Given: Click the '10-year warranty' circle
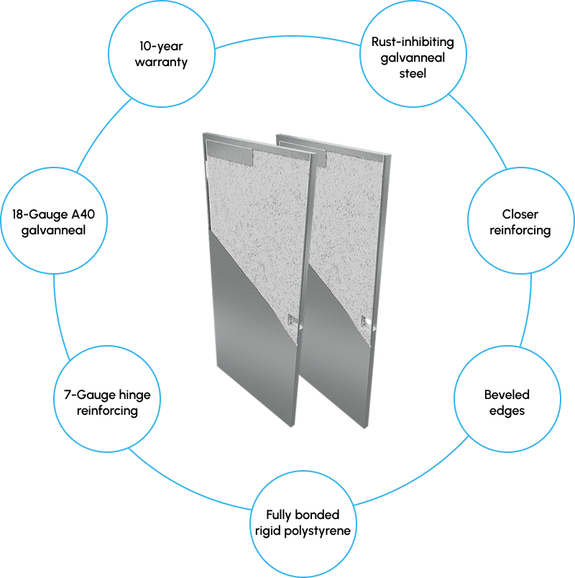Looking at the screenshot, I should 164,54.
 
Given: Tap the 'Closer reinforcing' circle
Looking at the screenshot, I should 520,222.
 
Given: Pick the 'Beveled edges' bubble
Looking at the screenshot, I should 507,403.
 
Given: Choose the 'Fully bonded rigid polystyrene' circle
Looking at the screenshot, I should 303,523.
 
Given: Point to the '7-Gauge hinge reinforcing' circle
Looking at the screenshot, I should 107,403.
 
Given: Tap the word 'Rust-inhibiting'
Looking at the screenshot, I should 413,42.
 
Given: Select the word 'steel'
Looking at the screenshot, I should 413,74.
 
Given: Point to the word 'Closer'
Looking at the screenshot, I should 520,214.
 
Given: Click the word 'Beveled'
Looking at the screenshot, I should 507,395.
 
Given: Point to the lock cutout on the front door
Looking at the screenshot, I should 291,321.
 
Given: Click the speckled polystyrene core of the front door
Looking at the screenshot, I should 252,216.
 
